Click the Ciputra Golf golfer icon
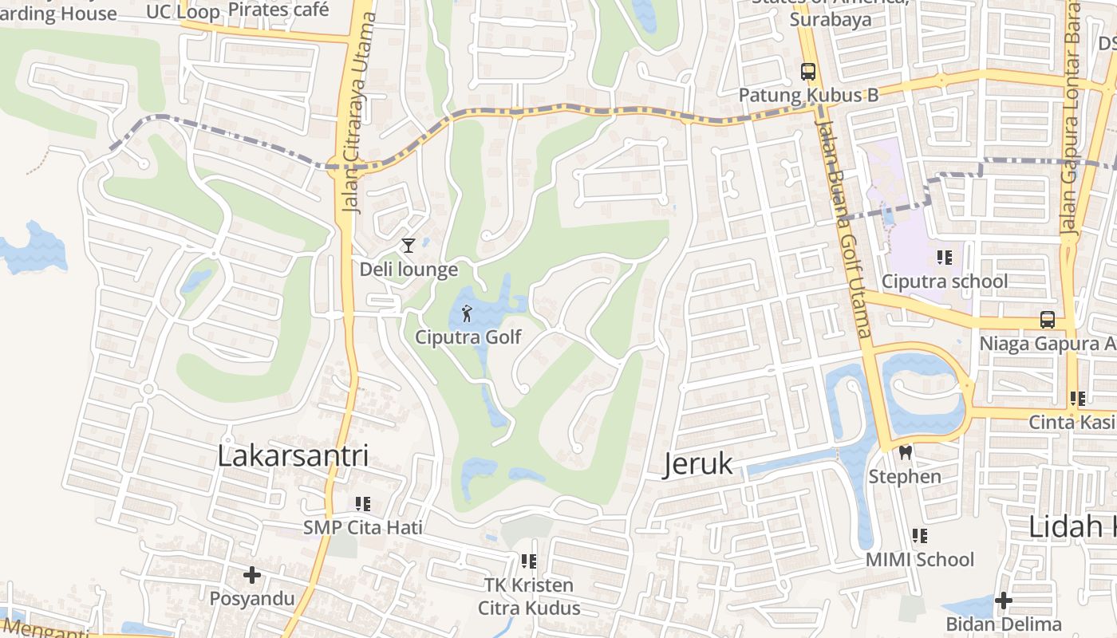coord(467,313)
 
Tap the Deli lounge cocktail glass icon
coord(409,246)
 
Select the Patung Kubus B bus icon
coord(808,72)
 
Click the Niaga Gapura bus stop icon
coord(1048,320)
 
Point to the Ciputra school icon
coord(945,258)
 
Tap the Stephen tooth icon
coord(905,453)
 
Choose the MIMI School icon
coord(920,536)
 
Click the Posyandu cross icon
coord(252,575)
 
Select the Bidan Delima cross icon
coord(1004,600)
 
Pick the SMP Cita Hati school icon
coord(363,504)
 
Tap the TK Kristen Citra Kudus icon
coord(528,561)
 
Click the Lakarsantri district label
coord(294,456)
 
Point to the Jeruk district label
coord(697,464)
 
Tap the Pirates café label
coord(278,10)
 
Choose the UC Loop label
coord(183,11)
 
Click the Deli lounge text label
coord(409,270)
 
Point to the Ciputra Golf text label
coord(468,337)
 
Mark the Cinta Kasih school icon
coord(1078,398)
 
